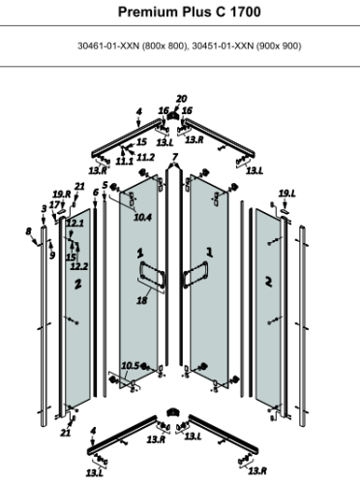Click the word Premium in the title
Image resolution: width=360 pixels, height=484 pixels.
[x=149, y=15]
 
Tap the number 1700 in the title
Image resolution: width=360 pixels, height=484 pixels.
[x=250, y=15]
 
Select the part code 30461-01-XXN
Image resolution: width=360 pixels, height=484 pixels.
[x=108, y=45]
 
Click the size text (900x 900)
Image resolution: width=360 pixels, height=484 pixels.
[x=285, y=45]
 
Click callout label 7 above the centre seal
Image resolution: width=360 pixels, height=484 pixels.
[x=175, y=157]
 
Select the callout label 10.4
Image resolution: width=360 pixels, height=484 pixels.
[x=143, y=217]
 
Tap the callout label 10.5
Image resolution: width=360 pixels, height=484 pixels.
[x=131, y=365]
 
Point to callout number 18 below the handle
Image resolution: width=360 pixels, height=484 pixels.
[x=142, y=302]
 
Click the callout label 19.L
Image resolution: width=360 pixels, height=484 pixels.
[x=285, y=195]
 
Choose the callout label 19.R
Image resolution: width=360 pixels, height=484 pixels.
[x=62, y=195]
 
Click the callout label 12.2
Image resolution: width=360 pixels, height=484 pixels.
[x=78, y=266]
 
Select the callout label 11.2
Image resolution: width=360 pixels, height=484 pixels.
[x=145, y=157]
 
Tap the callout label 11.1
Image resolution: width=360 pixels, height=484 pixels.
[x=124, y=161]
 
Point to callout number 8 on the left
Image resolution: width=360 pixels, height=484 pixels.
[x=29, y=229]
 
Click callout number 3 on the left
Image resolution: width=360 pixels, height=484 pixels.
[x=44, y=208]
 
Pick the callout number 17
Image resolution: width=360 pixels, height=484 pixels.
[x=54, y=205]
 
